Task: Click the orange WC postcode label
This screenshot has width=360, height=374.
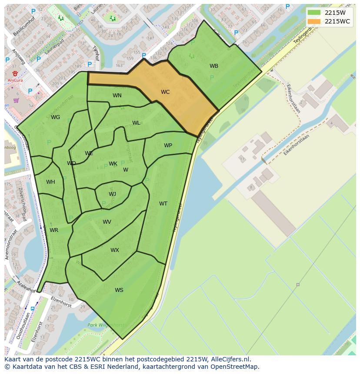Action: [165, 92]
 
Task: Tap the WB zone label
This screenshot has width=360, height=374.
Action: [214, 66]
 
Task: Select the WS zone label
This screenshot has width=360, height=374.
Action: [119, 290]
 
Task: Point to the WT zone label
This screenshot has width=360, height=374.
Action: [163, 204]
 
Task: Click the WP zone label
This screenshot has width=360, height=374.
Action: [168, 146]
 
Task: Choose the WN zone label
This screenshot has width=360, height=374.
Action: [117, 96]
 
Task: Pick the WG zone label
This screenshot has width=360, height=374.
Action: [55, 117]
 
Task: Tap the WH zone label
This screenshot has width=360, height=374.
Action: [50, 182]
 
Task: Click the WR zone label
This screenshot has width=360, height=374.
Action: [54, 230]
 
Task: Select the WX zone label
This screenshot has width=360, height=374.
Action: [114, 250]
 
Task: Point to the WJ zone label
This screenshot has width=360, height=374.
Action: [112, 194]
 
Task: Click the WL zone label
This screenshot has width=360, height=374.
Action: [136, 123]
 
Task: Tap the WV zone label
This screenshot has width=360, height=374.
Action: [107, 222]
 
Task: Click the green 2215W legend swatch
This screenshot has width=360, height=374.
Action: [314, 13]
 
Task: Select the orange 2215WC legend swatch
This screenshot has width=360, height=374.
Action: [314, 21]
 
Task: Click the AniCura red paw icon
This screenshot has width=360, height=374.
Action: [15, 73]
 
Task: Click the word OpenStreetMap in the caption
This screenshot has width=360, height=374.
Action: [235, 367]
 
